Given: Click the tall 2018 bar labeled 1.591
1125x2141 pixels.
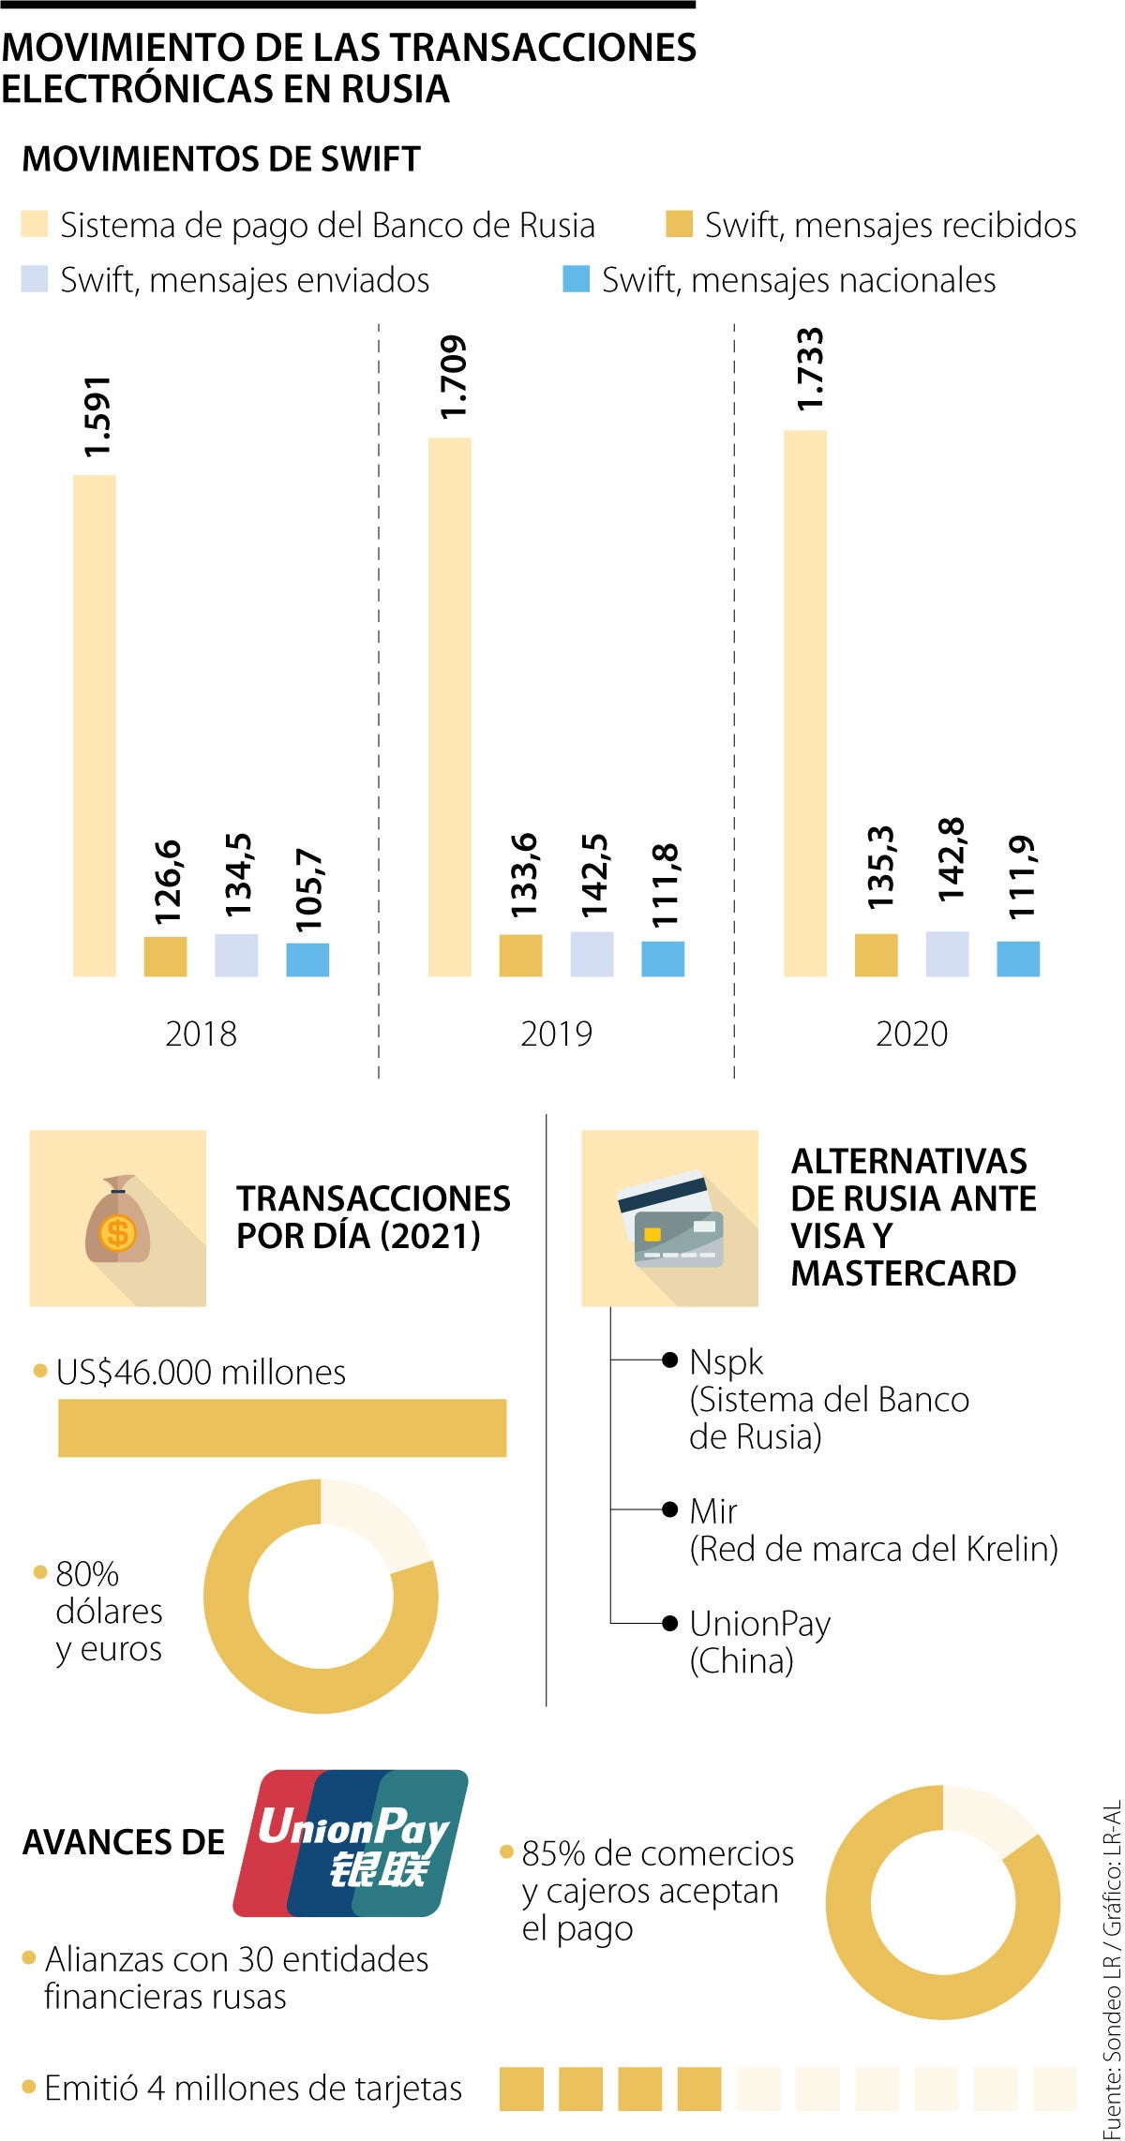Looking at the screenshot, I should [95, 725].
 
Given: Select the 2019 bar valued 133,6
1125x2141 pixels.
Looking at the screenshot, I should [520, 955].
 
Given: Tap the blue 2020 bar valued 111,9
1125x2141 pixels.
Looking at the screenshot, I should [1018, 959].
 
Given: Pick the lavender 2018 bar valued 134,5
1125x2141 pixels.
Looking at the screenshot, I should [236, 955].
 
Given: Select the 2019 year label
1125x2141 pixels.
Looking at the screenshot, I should [556, 1033].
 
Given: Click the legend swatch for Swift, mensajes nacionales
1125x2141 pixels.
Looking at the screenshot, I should [576, 279].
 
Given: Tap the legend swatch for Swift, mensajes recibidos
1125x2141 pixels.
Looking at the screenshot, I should [679, 225].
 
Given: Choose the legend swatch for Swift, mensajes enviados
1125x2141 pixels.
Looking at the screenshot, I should [35, 279].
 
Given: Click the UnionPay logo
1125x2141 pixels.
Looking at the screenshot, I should [351, 1842].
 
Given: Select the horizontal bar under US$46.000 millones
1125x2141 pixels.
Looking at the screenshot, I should [282, 1428].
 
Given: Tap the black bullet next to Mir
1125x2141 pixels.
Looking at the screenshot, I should [669, 1509].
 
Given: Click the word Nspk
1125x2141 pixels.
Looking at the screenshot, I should [726, 1361].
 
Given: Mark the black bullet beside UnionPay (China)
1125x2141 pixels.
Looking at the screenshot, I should [669, 1623].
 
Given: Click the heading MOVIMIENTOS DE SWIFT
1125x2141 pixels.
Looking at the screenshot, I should [221, 159].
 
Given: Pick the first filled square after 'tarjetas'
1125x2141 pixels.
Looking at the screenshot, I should [521, 2089].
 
